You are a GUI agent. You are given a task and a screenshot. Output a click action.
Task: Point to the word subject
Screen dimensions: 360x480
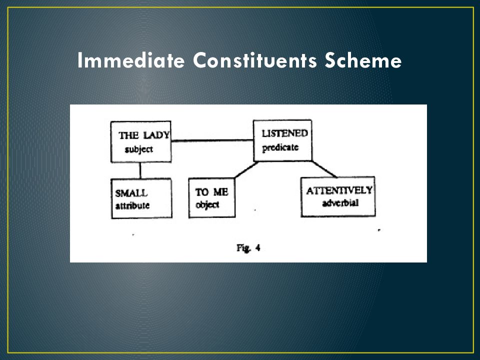coord(138,149)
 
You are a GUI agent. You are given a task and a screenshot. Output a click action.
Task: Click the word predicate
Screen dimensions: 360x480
coord(280,147)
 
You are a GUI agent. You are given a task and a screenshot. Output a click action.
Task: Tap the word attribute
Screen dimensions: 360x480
coord(132,205)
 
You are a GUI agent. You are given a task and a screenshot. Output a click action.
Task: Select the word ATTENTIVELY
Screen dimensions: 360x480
coord(339,190)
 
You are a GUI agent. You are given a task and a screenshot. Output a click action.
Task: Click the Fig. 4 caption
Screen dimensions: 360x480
coord(248,247)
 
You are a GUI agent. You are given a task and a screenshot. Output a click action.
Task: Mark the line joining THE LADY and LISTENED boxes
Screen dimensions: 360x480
coord(212,141)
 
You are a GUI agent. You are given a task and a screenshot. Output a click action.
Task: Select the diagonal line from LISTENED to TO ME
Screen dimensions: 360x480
coord(244,170)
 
